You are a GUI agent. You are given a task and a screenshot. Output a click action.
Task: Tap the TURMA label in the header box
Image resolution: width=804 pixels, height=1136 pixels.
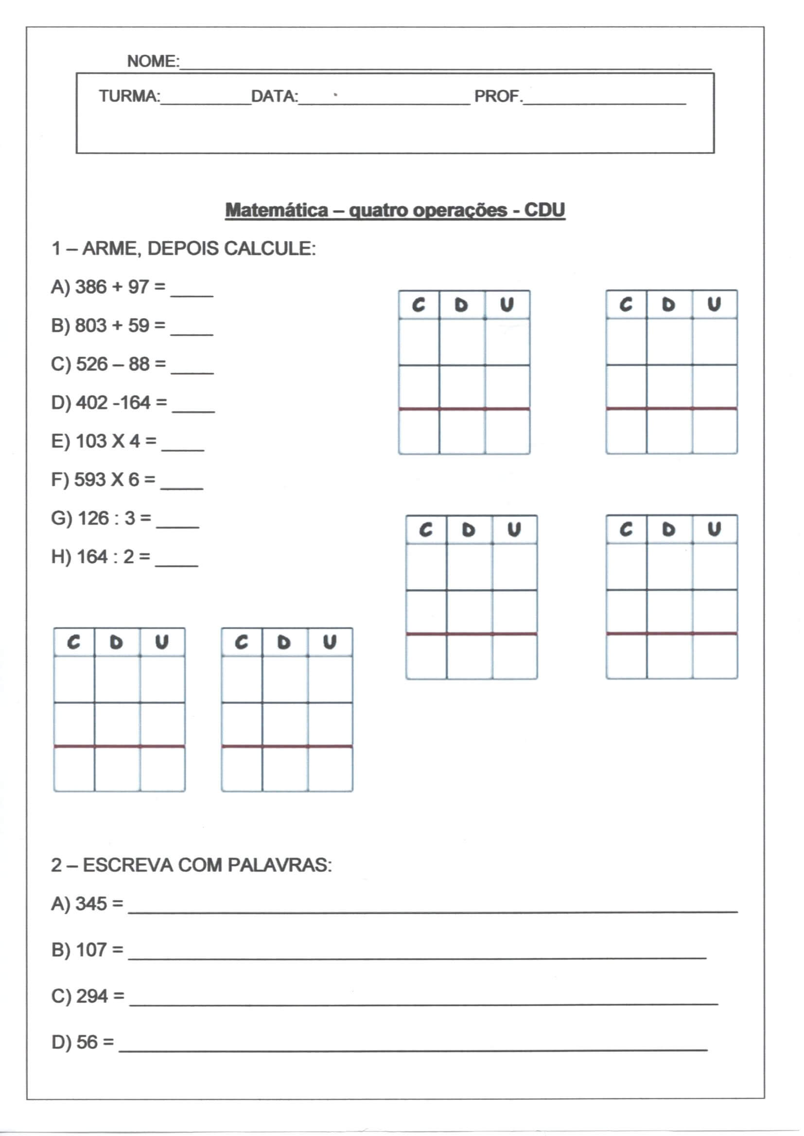(129, 96)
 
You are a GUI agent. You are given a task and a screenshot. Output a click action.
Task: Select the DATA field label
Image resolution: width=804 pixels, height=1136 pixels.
(274, 96)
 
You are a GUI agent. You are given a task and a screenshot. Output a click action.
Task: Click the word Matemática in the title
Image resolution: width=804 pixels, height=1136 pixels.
(276, 210)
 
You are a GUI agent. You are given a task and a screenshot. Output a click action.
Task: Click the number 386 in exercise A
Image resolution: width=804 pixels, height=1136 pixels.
(90, 287)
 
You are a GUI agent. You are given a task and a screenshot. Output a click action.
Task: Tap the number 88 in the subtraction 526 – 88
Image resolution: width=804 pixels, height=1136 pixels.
(139, 364)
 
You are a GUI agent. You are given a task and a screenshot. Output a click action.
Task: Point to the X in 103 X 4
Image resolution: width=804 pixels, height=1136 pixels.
(118, 441)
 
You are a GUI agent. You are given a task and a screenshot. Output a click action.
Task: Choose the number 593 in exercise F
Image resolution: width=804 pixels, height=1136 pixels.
(89, 480)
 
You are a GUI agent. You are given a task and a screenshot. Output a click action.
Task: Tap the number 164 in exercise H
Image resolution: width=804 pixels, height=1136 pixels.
(92, 557)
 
